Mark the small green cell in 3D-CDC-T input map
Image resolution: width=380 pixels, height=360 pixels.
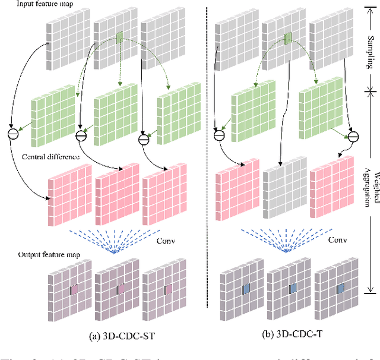click(287, 39)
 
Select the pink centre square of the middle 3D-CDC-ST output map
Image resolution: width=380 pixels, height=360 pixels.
click(121, 289)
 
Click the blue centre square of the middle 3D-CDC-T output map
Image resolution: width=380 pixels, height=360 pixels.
click(291, 289)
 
